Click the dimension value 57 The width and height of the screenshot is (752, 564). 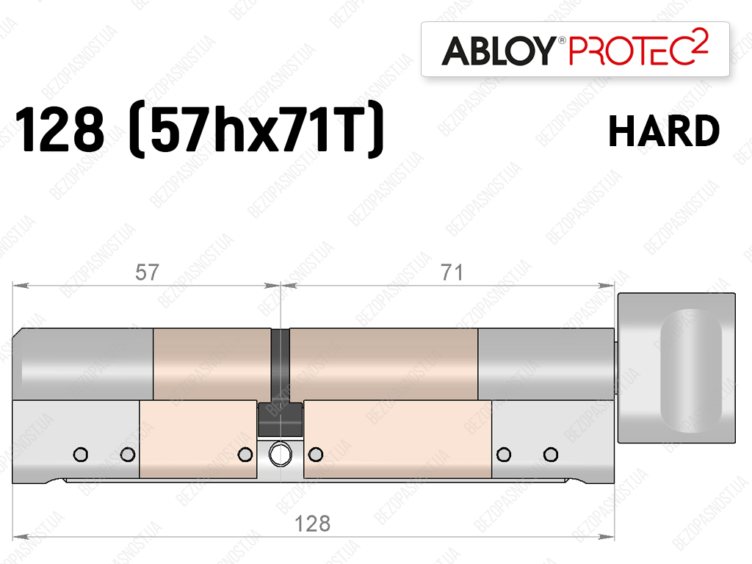147,272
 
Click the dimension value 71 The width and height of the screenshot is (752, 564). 452,272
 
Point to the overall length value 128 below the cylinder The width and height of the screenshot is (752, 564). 312,524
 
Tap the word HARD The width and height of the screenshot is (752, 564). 664,131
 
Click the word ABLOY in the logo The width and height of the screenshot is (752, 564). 499,51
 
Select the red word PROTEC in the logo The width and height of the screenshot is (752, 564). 631,51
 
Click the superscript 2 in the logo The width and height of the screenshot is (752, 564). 700,38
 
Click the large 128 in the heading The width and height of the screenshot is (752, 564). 60,130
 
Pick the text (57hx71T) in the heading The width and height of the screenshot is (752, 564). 256,130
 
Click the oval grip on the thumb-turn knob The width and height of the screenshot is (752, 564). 691,370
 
